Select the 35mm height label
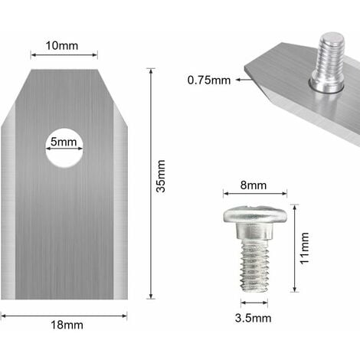point(162,185)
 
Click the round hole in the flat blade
point(64,148)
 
